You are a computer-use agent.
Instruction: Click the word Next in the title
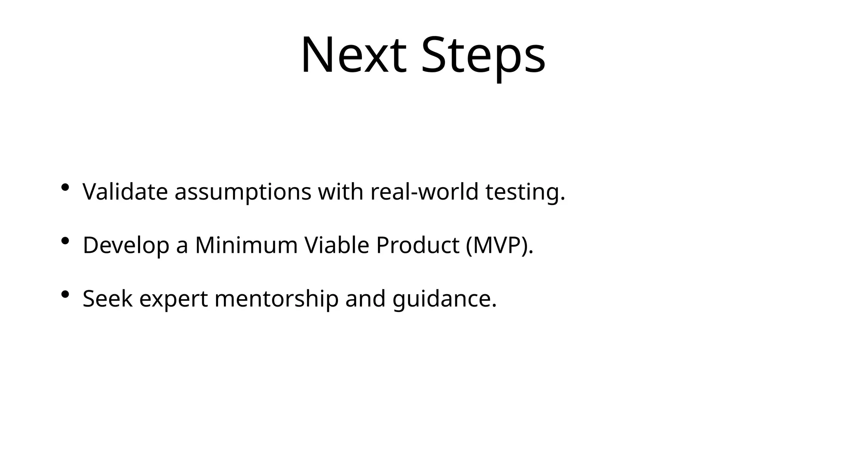pos(353,55)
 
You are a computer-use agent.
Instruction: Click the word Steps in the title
pos(483,55)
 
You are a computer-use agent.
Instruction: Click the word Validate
pos(125,192)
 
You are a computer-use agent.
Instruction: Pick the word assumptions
pos(242,193)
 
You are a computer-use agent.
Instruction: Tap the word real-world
pos(424,192)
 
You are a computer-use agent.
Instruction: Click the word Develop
pos(126,245)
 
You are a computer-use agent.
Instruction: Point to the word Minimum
pos(246,245)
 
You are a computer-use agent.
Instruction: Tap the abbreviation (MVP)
pos(499,245)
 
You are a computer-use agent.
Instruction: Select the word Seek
pos(107,298)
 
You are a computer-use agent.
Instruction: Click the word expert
pos(173,299)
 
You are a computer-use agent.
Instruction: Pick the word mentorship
pos(276,299)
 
